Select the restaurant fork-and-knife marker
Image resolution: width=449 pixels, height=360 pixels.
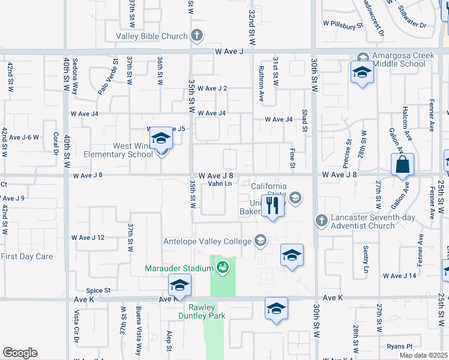[273, 206]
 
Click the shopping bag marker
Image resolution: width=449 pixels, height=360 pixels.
[403, 164]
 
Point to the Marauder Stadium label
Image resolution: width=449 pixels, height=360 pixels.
[179, 268]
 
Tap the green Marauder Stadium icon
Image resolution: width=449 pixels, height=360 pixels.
[223, 267]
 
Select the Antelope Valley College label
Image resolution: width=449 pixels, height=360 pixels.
[208, 242]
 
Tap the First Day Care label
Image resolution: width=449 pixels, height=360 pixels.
[27, 256]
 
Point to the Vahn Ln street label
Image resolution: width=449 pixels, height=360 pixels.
[220, 184]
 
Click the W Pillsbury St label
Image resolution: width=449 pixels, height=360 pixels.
[343, 25]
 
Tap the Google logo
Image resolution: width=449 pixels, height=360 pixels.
[20, 353]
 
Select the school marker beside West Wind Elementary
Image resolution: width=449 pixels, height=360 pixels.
[161, 140]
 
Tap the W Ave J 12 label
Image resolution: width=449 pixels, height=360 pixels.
[88, 238]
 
